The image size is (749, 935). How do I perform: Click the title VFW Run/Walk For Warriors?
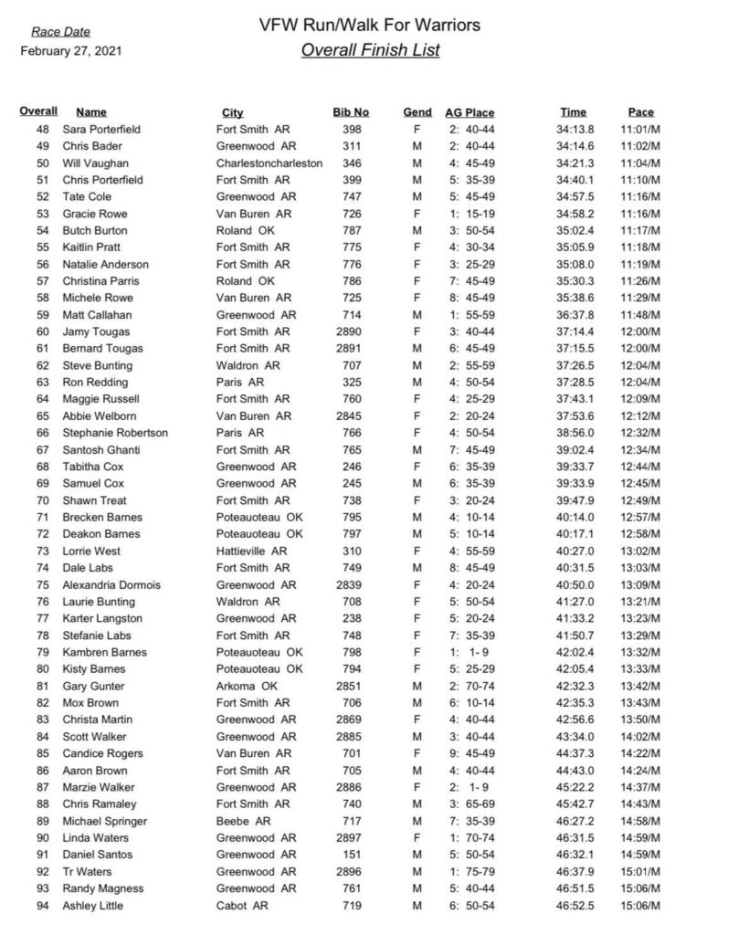(x=369, y=25)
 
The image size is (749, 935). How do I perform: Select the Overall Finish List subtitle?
(x=369, y=50)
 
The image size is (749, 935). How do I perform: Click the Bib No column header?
(x=351, y=113)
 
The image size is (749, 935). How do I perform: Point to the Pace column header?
(x=640, y=113)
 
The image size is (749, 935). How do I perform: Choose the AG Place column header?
(x=469, y=113)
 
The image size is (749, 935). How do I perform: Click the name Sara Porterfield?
(x=101, y=130)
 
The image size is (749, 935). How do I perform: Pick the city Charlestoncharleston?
(x=269, y=163)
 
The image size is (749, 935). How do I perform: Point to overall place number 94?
(x=42, y=906)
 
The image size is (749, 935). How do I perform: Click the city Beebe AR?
(x=242, y=822)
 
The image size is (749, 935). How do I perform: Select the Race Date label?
(x=60, y=33)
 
